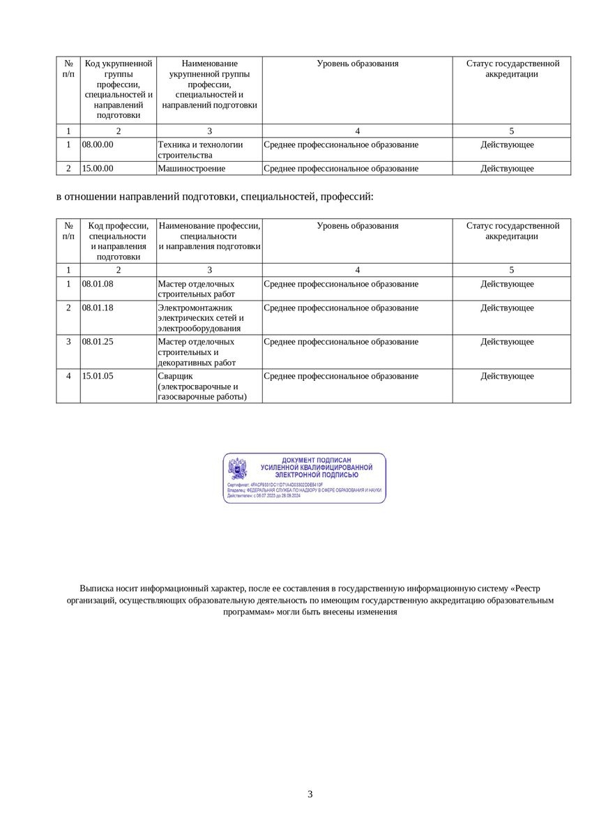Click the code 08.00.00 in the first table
[98, 144]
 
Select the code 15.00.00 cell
[98, 168]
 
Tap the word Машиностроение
[192, 168]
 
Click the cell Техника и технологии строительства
[201, 149]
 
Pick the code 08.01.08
[98, 284]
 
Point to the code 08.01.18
[98, 308]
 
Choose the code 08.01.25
[98, 342]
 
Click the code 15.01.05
[98, 376]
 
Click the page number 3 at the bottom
[310, 794]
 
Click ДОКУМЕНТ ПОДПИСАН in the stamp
[316, 460]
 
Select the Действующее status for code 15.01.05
[507, 376]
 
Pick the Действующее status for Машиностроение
[507, 168]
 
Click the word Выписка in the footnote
[95, 588]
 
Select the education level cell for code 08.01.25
[341, 342]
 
